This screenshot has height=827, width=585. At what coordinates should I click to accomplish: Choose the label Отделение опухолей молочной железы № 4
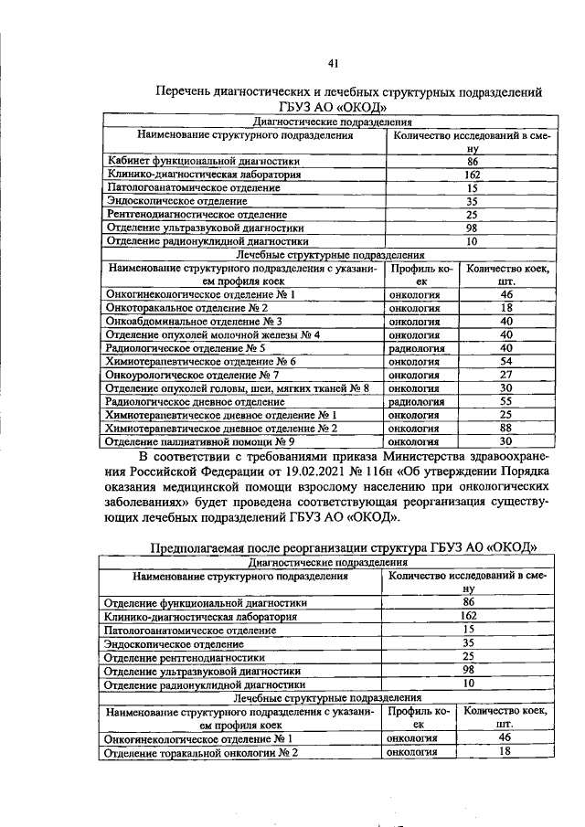[x=212, y=334]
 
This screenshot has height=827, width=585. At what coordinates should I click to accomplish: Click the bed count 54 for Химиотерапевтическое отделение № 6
[x=506, y=362]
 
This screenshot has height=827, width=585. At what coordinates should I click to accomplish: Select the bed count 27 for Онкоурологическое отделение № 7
[x=506, y=375]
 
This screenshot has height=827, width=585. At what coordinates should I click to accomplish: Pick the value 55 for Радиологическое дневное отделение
[x=506, y=401]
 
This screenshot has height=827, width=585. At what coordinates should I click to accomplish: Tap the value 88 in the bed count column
[x=506, y=428]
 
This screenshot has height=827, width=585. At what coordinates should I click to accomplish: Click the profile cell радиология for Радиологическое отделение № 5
[x=415, y=348]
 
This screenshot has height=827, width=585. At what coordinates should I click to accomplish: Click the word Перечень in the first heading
[x=184, y=92]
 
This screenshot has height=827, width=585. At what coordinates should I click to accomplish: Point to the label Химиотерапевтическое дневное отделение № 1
[x=221, y=415]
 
